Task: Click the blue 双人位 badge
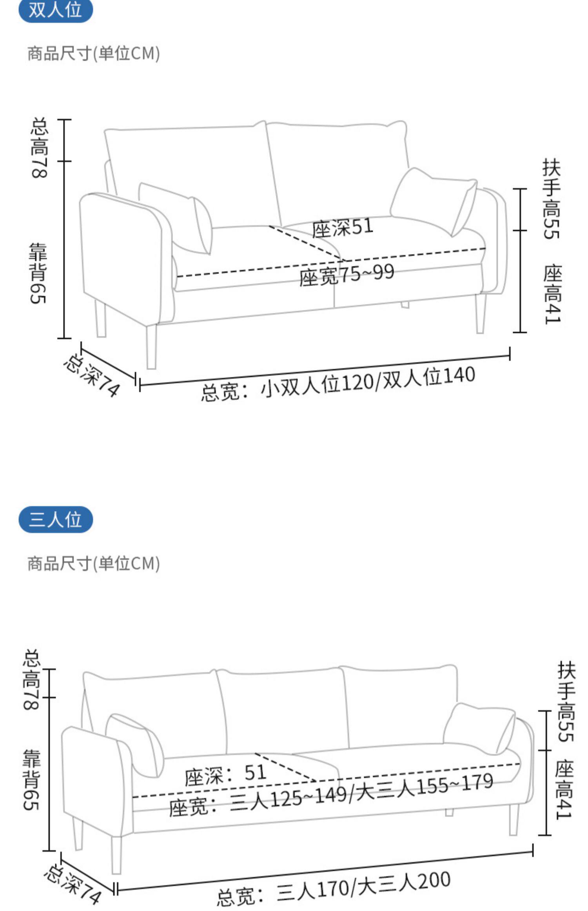55,10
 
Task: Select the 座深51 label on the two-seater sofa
343,228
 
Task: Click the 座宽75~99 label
347,275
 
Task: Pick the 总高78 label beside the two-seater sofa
40,147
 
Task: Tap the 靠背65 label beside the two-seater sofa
38,273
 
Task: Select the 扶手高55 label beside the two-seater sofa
552,199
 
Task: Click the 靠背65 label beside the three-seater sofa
31,780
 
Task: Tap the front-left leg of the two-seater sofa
152,347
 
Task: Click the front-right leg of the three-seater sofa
514,818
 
